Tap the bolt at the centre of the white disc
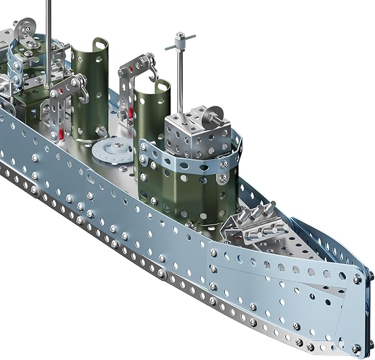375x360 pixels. click(117, 146)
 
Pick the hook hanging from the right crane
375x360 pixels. click(152, 73)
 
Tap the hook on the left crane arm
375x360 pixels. click(83, 94)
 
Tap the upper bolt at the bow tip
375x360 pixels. click(357, 279)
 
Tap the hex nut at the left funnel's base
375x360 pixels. click(102, 130)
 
